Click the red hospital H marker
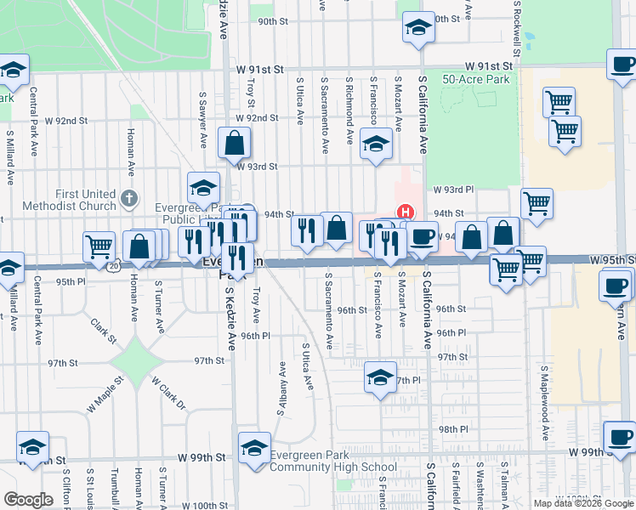click(406, 212)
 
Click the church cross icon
click(128, 200)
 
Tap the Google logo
click(28, 499)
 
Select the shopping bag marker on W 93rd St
click(234, 144)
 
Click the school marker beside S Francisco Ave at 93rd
click(373, 144)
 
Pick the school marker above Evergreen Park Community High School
click(254, 448)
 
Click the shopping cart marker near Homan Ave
click(99, 246)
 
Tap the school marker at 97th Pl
click(380, 377)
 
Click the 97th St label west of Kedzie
click(63, 363)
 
